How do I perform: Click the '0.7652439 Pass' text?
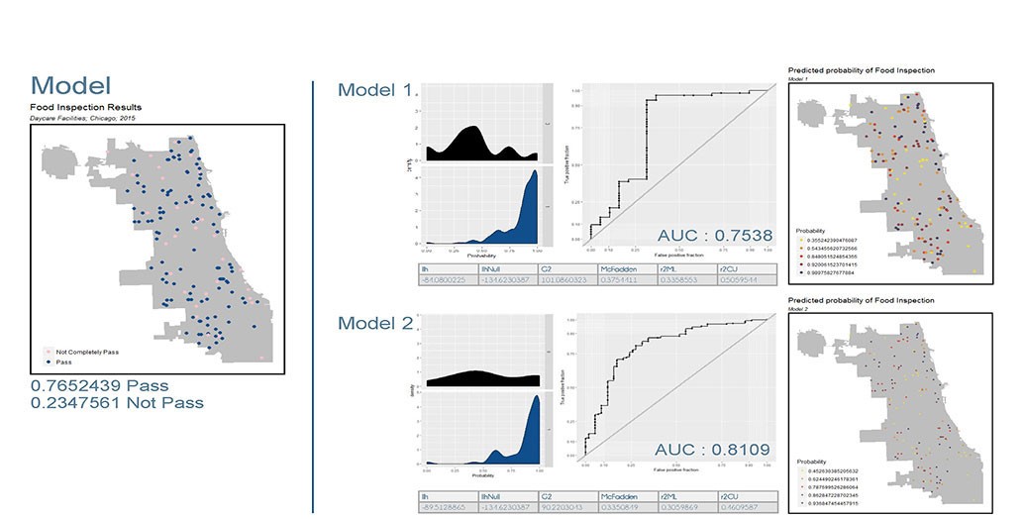click(99, 385)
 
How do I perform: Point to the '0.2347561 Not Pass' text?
click(117, 403)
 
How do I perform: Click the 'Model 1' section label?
click(374, 90)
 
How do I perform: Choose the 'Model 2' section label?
click(374, 323)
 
